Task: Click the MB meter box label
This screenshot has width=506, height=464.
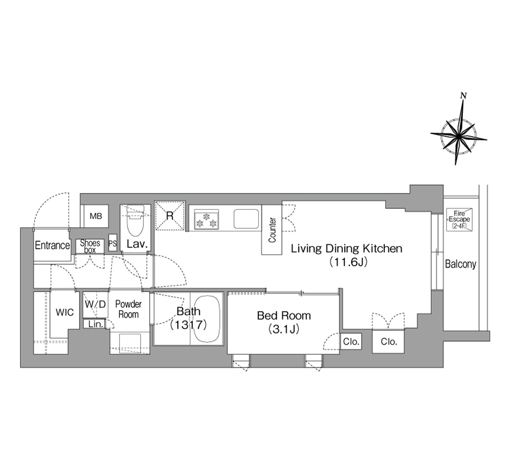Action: [95, 216]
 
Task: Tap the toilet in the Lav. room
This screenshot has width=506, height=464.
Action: [135, 221]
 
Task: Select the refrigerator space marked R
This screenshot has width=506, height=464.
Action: [170, 215]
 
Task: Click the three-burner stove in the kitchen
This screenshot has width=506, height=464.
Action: [206, 219]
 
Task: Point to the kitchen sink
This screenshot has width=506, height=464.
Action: [246, 219]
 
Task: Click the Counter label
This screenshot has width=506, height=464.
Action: [273, 230]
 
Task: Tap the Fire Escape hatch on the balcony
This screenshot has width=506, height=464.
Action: [459, 219]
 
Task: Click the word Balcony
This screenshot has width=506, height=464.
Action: [461, 264]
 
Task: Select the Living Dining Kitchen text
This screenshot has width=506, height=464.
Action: [347, 249]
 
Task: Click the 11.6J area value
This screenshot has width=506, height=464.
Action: [348, 262]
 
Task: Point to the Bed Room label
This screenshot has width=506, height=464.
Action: [284, 315]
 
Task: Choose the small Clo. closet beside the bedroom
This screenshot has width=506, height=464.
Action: [351, 341]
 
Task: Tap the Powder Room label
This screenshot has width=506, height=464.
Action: [129, 309]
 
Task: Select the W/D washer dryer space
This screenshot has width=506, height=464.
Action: [95, 304]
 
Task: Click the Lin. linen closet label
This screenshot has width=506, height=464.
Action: [95, 324]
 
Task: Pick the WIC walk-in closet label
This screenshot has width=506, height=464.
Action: [64, 312]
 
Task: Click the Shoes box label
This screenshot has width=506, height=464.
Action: [90, 246]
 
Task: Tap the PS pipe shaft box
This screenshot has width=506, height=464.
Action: [113, 243]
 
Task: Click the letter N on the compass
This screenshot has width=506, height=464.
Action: [463, 95]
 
